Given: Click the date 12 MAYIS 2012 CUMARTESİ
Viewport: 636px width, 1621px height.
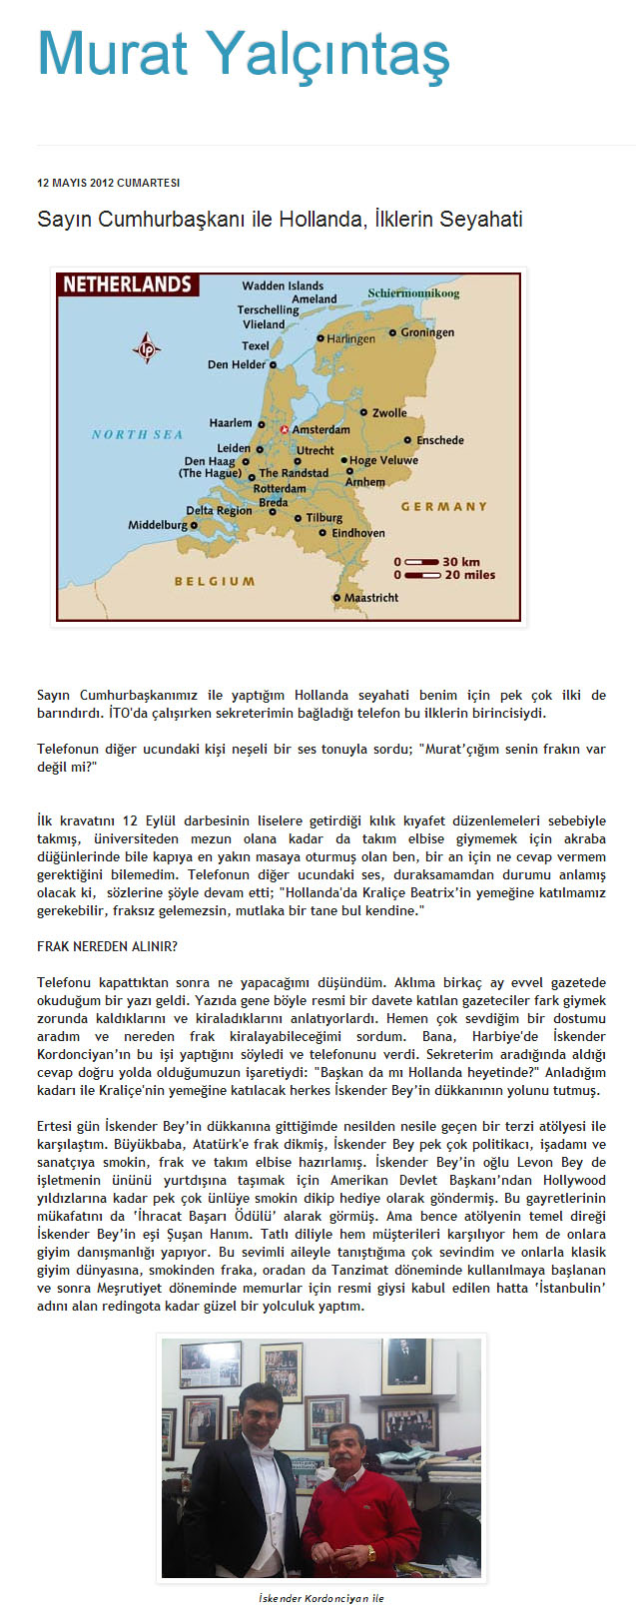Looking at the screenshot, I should coord(108,184).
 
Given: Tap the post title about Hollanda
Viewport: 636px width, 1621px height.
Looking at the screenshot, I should coord(280,219).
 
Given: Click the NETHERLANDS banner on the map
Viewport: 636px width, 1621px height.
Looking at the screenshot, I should coord(127,284).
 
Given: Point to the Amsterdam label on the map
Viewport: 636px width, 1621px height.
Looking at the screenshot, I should coord(319,429).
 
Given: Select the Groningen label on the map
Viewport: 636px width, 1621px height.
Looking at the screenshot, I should coord(427,332).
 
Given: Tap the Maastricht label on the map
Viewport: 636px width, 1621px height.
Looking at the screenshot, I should coord(371,598).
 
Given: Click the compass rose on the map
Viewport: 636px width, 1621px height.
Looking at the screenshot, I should coord(147,348).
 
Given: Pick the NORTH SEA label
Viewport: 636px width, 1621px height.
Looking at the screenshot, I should coord(137,434).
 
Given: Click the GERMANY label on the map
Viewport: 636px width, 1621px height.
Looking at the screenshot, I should coord(444,506).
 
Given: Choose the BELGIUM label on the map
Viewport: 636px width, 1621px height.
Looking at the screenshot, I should coord(215,581).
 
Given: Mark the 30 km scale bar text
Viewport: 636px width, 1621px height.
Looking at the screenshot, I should coord(461,561).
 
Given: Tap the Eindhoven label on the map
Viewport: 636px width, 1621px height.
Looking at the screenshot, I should coord(357,533).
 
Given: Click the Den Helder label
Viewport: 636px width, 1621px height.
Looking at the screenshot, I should coord(237,364).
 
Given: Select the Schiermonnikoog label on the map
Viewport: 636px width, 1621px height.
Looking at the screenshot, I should coord(413,293).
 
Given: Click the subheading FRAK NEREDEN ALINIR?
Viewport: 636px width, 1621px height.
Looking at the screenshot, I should coord(107,946).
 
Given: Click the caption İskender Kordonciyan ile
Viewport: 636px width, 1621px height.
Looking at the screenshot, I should coord(320,1598).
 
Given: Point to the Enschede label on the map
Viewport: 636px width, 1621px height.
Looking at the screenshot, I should coord(439,440).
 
